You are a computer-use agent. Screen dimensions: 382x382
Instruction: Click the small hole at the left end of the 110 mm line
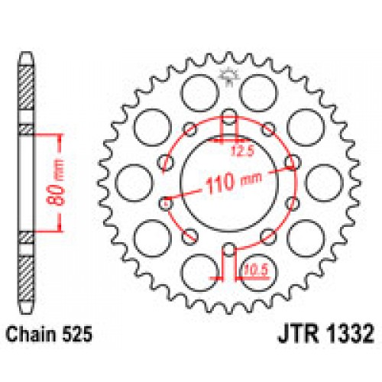pos(167,203)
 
